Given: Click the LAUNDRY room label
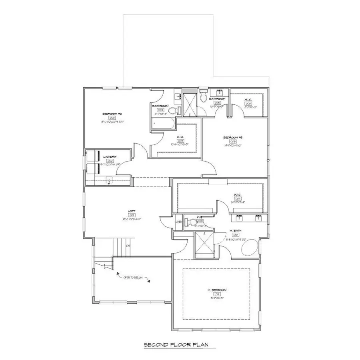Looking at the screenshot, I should coord(109,157).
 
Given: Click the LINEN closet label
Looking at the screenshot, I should coord(179,222).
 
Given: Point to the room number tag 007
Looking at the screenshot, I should coord(180,141).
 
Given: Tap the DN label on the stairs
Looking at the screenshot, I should coord(128,246).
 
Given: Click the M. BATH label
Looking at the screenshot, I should coord(234,231).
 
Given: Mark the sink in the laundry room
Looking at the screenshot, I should coord(108,181).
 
